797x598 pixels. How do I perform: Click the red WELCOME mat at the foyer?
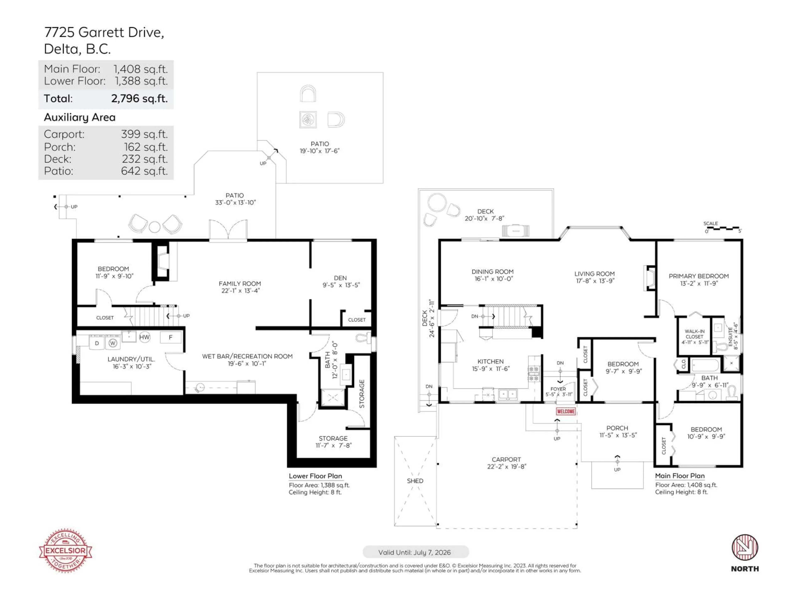pyautogui.click(x=566, y=411)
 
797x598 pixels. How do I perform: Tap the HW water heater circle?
pyautogui.click(x=144, y=337)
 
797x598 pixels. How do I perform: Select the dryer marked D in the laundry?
pyautogui.click(x=97, y=343)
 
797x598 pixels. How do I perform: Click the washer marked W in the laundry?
pyautogui.click(x=113, y=343)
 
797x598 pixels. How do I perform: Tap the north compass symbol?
pyautogui.click(x=745, y=548)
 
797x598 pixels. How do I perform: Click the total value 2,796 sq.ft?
pyautogui.click(x=139, y=98)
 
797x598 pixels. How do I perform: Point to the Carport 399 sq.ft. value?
pyautogui.click(x=144, y=134)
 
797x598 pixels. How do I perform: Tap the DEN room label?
pyautogui.click(x=340, y=278)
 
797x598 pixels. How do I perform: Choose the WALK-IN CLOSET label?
pyautogui.click(x=694, y=334)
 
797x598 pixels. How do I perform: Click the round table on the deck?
pyautogui.click(x=437, y=202)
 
